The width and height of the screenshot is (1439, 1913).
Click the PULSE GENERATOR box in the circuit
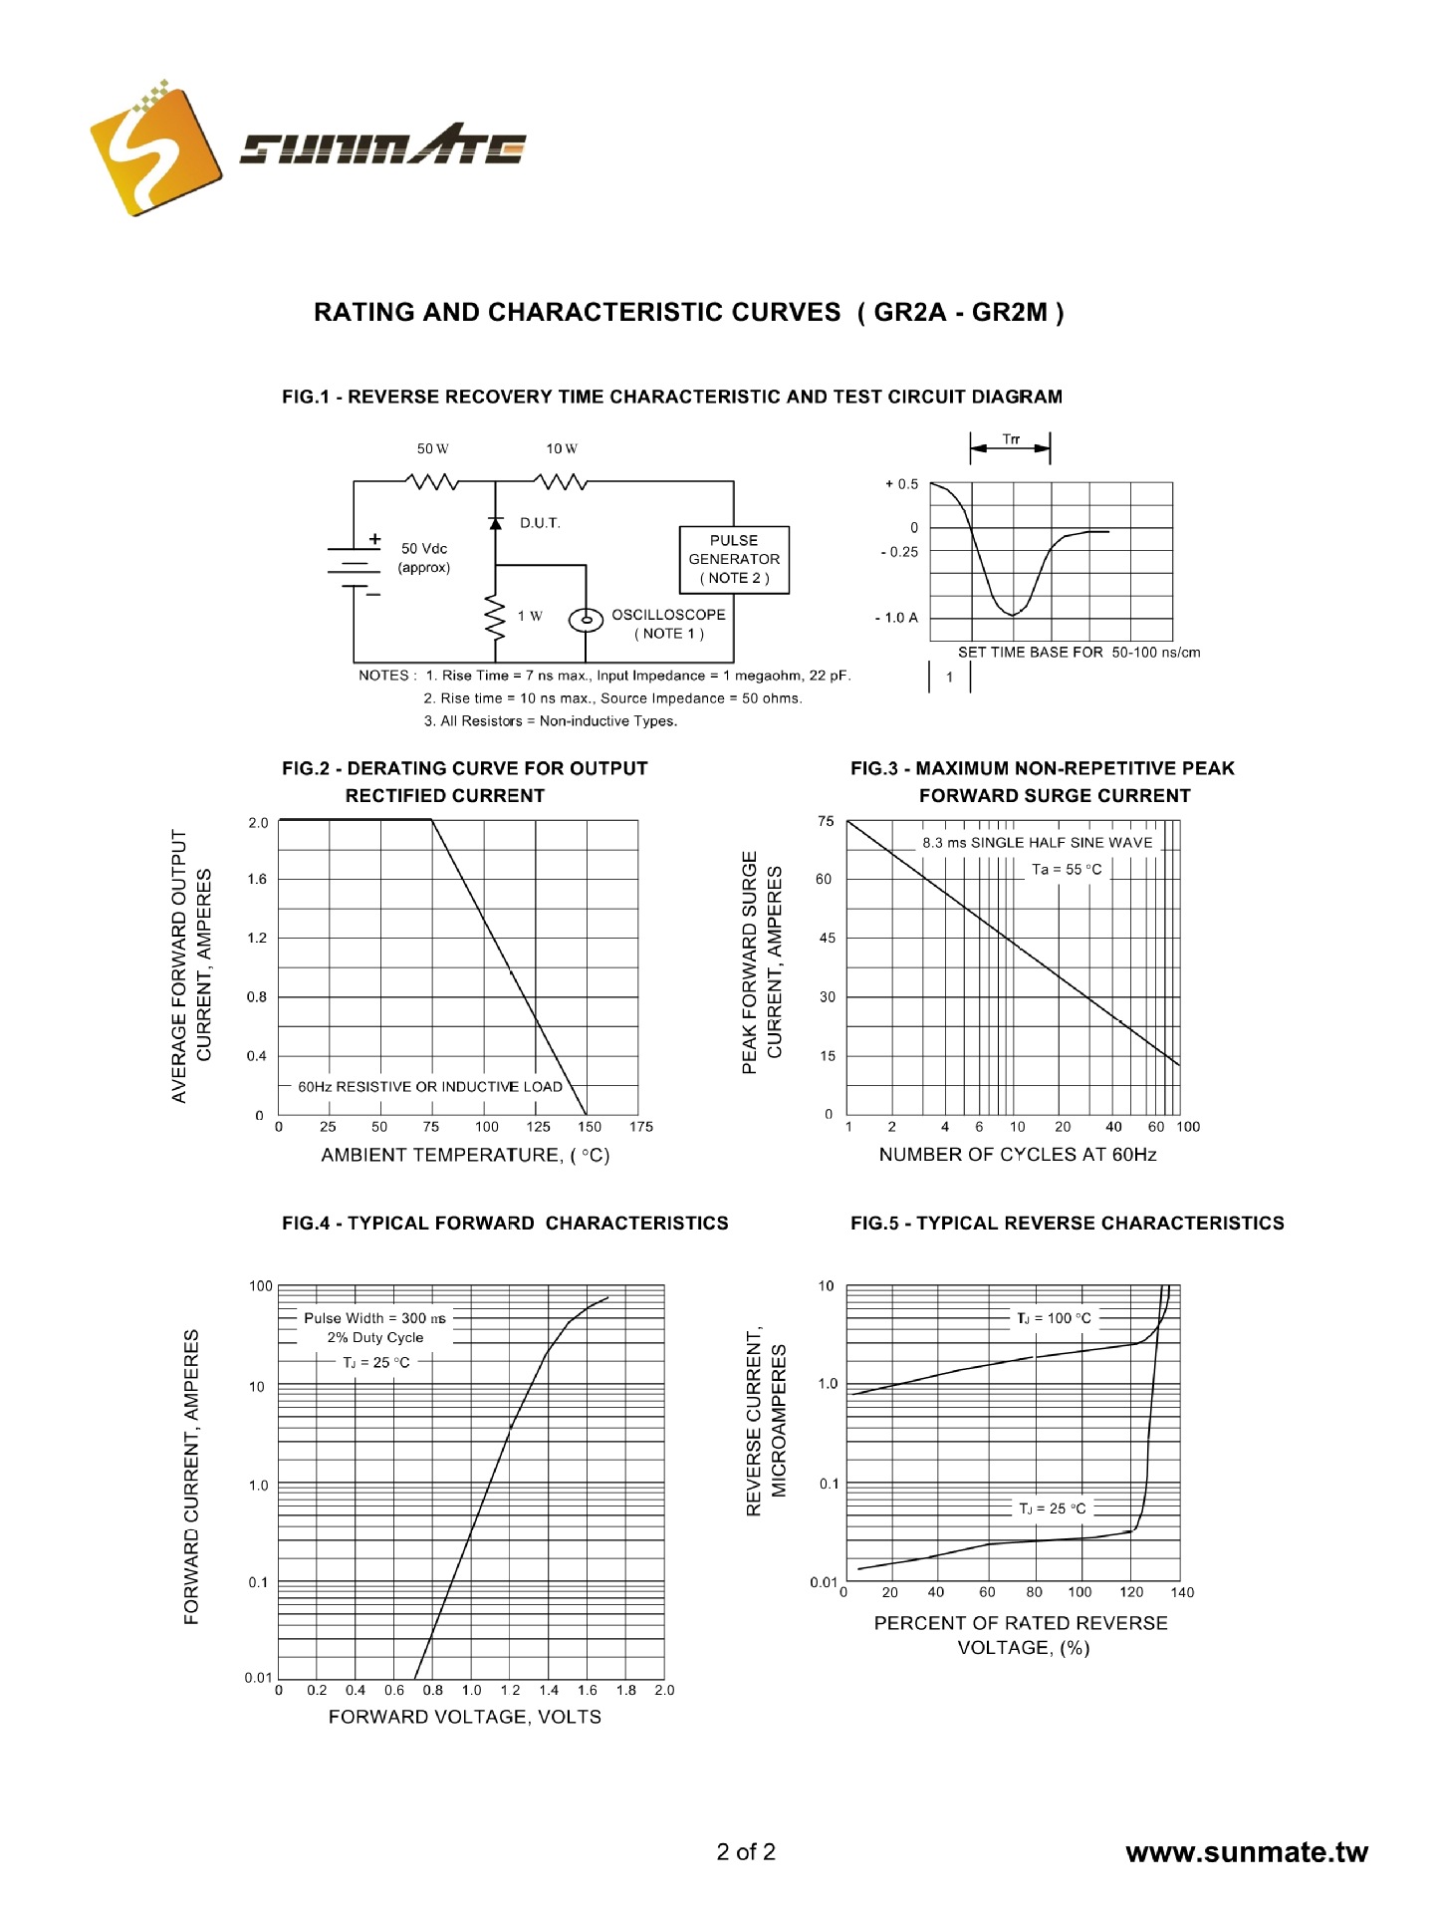pos(734,559)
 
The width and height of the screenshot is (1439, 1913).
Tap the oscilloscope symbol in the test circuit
pos(586,620)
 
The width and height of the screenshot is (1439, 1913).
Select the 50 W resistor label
pos(432,448)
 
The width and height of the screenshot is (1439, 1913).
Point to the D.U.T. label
pos(540,523)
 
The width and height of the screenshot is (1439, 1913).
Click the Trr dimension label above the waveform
pos(1011,439)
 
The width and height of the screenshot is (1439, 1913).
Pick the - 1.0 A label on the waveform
pos(896,618)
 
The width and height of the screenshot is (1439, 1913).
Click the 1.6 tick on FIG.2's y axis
pos(258,879)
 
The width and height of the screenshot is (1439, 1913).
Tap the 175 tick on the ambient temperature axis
pos(641,1127)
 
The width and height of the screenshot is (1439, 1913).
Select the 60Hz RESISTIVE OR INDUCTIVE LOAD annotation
pos(430,1087)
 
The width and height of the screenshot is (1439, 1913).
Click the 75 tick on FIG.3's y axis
pos(826,821)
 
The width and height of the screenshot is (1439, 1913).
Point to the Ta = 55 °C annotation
pos(1067,869)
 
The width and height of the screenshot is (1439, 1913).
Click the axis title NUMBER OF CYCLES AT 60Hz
pos(1017,1155)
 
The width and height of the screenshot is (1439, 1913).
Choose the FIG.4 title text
pos(505,1224)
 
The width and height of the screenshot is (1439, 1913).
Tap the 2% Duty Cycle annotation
pos(375,1338)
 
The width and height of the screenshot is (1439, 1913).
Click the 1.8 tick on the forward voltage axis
pos(625,1691)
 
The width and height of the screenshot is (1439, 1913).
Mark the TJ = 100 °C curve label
pos(1054,1318)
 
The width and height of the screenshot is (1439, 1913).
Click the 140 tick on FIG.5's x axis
pos(1182,1592)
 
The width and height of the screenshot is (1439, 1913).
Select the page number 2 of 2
pos(746,1852)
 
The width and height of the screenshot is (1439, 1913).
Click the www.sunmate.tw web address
pos(1247,1853)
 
